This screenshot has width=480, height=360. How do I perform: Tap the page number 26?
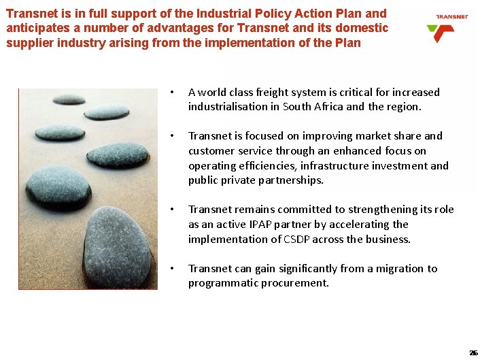coord(473,353)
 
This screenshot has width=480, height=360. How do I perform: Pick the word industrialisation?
coord(231,107)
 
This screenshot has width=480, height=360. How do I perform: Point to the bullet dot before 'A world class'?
coord(174,93)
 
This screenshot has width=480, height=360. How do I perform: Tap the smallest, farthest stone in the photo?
coord(69,99)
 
